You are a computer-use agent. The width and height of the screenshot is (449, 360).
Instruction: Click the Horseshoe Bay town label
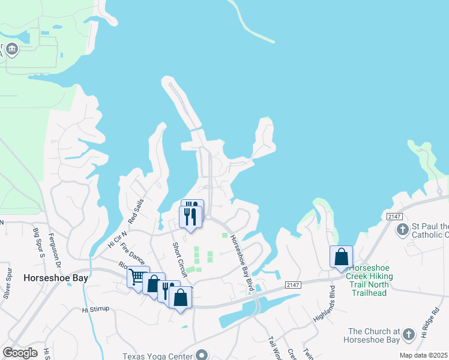pos(55,278)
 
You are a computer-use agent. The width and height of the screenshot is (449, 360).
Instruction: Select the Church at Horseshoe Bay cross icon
pos(408,334)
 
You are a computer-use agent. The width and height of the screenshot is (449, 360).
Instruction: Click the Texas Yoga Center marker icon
pos(201,355)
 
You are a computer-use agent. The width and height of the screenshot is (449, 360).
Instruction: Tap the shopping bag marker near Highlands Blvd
pos(341,256)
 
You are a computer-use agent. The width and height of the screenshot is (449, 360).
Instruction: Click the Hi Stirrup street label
pos(95,310)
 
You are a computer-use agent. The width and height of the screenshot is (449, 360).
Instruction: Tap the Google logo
pos(20,353)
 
